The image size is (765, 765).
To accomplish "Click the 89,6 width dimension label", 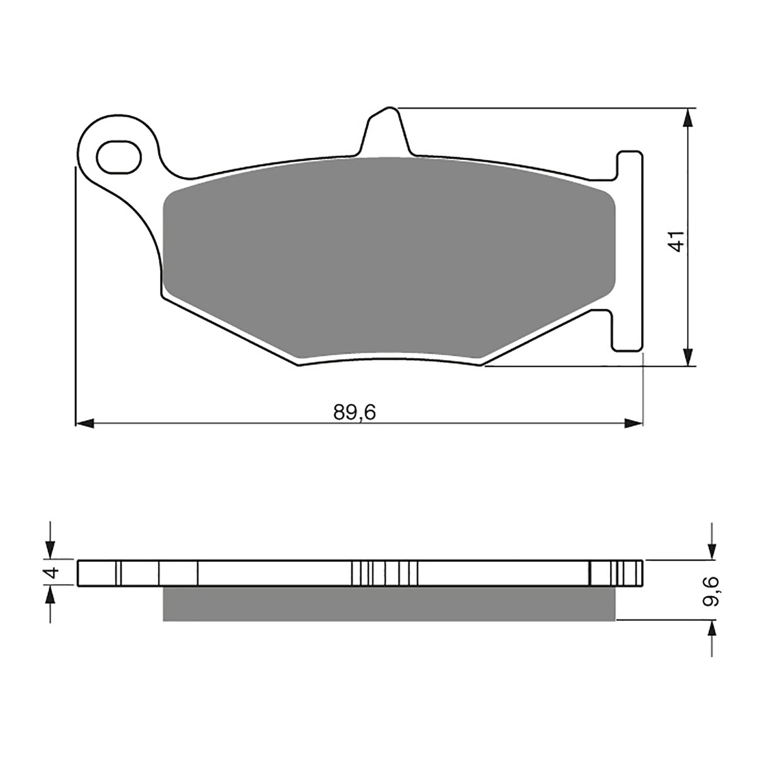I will coord(355,413).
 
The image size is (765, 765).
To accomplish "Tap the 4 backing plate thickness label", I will coord(53,572).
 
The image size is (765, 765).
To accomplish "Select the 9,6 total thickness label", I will coord(711,591).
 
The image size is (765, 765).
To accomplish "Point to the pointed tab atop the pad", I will coord(385,129).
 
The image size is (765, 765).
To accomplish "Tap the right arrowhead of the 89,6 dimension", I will coord(633,423).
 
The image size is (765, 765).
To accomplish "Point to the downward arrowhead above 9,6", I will coord(712,550).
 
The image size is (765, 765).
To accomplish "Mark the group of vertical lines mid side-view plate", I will coord(385,573).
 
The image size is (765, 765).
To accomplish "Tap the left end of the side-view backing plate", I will coord(79,573).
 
